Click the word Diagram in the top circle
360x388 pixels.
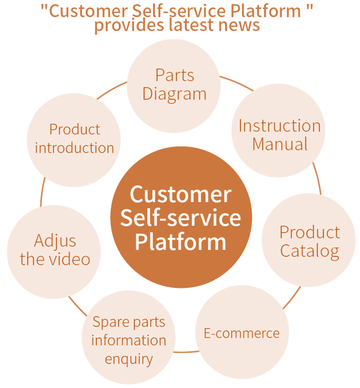[x=175, y=93]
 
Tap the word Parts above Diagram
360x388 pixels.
[x=175, y=75]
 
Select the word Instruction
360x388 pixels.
[x=280, y=126]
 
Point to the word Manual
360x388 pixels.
[x=280, y=144]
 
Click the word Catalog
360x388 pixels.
[x=309, y=252]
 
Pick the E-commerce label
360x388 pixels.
[x=241, y=333]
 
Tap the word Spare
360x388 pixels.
[x=105, y=322]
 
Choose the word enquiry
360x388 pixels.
[x=128, y=359]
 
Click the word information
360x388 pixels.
[x=128, y=341]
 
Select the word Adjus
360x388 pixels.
[x=55, y=240]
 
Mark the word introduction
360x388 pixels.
[x=75, y=148]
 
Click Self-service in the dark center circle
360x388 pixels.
[x=181, y=218]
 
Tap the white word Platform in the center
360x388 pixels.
[x=181, y=241]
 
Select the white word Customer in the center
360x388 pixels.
[x=181, y=195]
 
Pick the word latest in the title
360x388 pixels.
[x=183, y=25]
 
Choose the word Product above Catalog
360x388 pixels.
[x=309, y=232]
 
